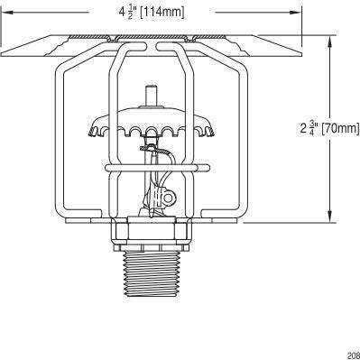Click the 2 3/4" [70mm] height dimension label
tap(329, 127)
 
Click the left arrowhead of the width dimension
tap(6, 12)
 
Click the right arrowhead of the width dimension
tap(295, 12)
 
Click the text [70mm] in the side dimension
tap(341, 127)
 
